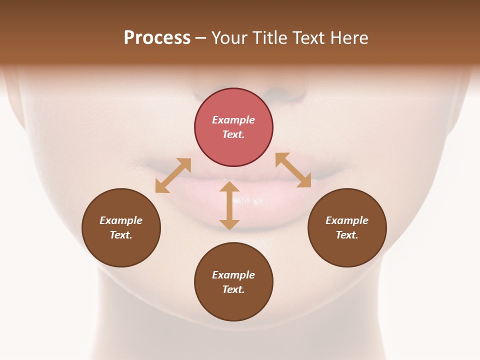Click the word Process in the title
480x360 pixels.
(157, 38)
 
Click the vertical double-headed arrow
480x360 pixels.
(229, 205)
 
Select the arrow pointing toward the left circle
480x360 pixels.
(173, 175)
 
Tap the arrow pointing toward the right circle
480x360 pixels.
(293, 170)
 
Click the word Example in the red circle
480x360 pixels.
(233, 120)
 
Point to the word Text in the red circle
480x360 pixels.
(233, 134)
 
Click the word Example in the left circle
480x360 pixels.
(121, 220)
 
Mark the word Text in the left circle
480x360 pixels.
(121, 235)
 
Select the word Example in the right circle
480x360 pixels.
(347, 220)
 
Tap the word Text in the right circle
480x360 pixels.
(347, 235)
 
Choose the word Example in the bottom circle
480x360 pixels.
(233, 275)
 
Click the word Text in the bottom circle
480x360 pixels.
(233, 289)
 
